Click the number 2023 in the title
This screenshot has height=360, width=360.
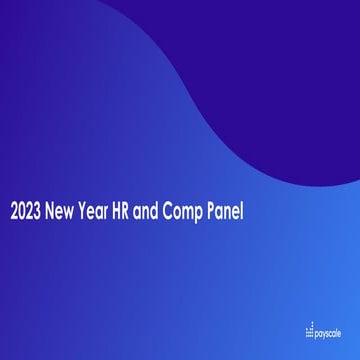point(27,213)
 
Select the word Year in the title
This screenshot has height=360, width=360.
point(103,213)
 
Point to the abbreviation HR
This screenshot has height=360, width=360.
point(136,213)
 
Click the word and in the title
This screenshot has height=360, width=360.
point(164,213)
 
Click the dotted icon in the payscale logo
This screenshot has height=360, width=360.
point(310,331)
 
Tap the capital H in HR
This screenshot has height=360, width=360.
point(130,213)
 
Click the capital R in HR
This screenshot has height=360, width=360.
point(142,213)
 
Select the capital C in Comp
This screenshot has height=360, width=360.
point(185,213)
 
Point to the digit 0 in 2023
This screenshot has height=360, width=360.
point(22,213)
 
